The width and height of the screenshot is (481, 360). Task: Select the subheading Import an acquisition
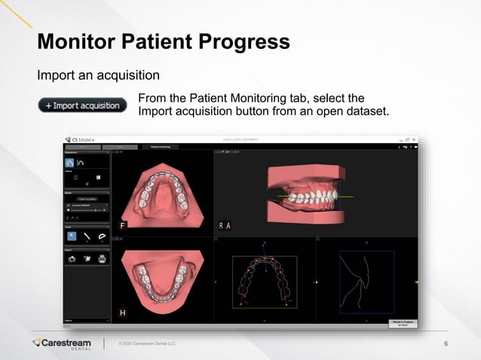[x=98, y=75]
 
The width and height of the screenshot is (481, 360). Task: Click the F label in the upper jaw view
[x=122, y=224]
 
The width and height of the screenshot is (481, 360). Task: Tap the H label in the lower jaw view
[x=123, y=312]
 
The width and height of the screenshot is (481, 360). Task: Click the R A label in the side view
[x=225, y=224]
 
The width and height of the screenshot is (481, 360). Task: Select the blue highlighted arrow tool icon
[x=72, y=236]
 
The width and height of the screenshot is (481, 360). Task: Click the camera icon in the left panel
[x=72, y=258]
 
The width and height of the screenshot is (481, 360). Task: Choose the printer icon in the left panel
[x=102, y=258]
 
